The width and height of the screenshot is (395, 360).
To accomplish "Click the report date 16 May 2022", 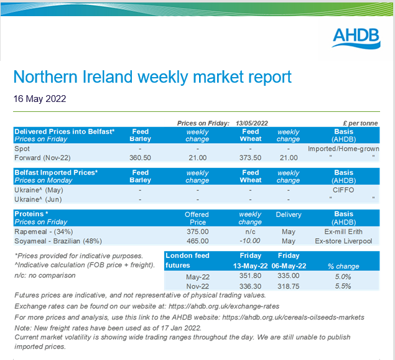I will click(40, 98).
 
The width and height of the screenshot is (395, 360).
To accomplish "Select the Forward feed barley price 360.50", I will click(140, 158).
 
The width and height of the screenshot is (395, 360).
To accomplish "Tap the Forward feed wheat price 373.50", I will click(251, 158).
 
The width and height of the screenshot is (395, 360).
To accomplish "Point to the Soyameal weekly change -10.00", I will click(250, 241).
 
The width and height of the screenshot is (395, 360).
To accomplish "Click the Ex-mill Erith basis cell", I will click(345, 231).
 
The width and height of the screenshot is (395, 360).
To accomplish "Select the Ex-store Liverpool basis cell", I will click(345, 241).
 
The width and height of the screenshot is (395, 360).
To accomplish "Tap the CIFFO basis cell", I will click(345, 190).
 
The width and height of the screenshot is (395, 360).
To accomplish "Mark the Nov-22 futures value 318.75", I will click(289, 286).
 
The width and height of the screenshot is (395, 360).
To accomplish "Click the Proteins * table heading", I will click(32, 213).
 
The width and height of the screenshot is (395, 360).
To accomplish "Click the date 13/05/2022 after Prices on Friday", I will click(251, 123).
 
